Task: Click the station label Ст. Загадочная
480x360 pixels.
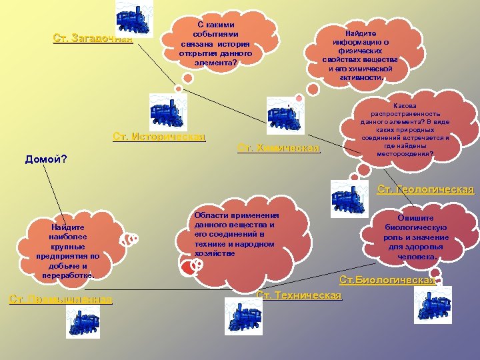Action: point(93,38)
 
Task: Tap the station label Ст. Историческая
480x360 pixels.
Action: point(159,137)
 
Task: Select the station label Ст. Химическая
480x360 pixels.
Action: point(279,147)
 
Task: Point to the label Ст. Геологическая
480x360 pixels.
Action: point(425,189)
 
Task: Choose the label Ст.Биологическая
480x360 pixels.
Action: point(387,280)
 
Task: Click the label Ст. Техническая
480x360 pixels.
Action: point(299,295)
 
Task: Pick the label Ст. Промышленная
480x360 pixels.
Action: point(61,299)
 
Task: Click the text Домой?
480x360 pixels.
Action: point(45,159)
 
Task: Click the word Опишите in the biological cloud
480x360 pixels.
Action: point(415,217)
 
